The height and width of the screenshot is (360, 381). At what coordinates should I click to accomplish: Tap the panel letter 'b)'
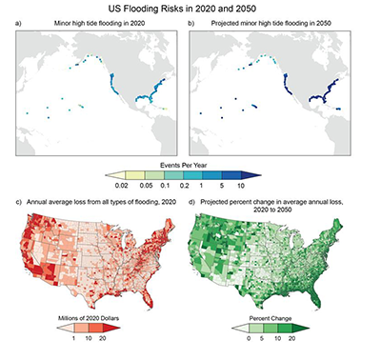(193, 22)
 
